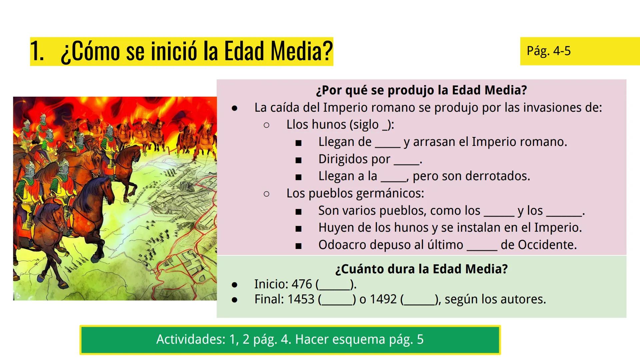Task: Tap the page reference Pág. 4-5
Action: coord(549,51)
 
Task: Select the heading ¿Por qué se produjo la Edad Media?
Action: coord(421,90)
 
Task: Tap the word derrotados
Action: coord(499,176)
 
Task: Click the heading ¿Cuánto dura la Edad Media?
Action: coord(421,269)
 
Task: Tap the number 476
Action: coord(302,284)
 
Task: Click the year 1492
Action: coord(383,299)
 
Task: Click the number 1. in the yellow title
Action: coord(37,51)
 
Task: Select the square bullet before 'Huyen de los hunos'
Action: coord(298,229)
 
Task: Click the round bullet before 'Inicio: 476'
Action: coord(235,285)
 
